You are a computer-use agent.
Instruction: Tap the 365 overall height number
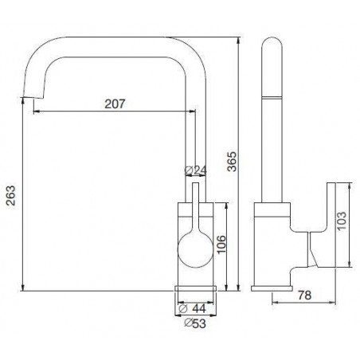click(x=232, y=163)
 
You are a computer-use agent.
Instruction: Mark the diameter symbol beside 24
click(x=187, y=170)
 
